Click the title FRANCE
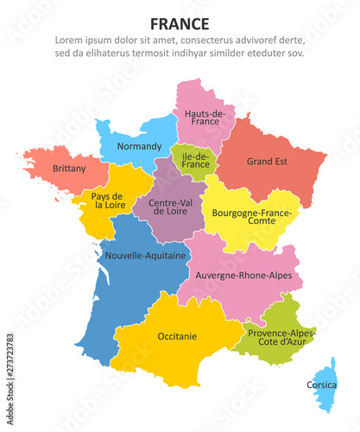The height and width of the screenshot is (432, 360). [x=180, y=22]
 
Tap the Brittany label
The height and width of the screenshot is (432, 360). [x=69, y=168]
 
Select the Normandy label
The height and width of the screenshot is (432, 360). [x=139, y=146]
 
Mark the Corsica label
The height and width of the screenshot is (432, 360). [x=322, y=384]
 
